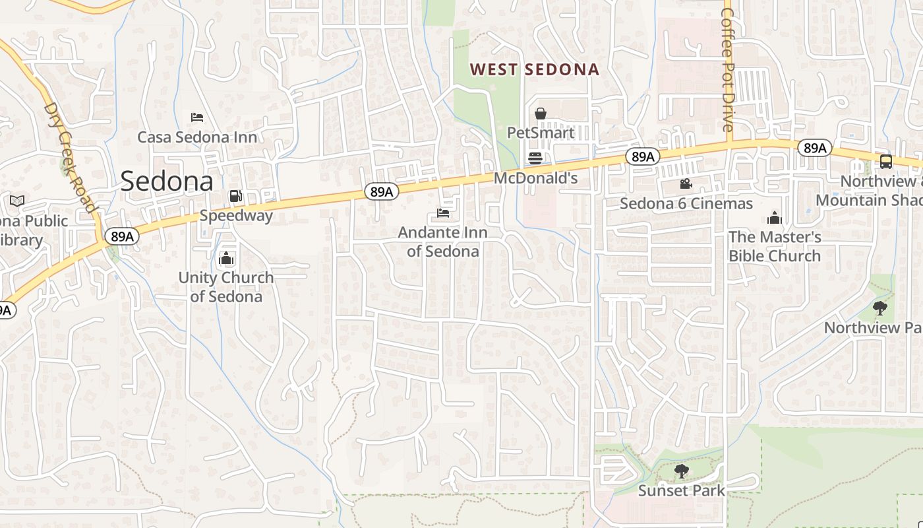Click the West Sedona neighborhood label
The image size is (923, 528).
534,69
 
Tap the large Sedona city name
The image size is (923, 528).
167,181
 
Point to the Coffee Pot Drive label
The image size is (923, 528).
728,66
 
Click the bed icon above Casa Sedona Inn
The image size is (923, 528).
196,117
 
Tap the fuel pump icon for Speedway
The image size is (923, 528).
235,196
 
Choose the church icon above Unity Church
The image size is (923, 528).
226,258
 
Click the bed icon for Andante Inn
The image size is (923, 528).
443,213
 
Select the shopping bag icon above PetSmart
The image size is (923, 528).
541,114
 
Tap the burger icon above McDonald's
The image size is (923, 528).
535,158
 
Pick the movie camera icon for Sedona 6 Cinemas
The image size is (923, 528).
686,184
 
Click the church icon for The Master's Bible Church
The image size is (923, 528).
775,218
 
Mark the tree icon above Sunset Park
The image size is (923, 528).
681,471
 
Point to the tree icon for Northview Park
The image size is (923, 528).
879,308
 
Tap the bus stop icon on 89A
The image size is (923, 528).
886,162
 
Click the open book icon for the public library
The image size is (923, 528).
17,201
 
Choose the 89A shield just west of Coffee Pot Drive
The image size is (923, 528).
642,156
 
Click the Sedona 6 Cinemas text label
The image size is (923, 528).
686,203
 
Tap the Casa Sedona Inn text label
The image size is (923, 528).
197,137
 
